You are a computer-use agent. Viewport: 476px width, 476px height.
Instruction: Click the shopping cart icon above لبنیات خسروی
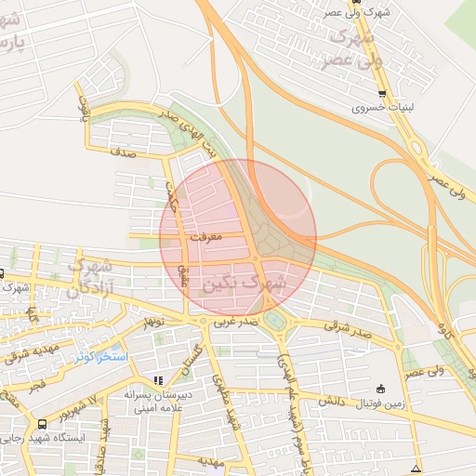[x=382, y=94]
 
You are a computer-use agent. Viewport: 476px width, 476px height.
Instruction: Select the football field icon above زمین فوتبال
[x=379, y=389]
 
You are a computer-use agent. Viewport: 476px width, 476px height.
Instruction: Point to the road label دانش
[x=333, y=401]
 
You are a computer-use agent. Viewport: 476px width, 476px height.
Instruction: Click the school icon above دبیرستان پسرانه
[x=158, y=380]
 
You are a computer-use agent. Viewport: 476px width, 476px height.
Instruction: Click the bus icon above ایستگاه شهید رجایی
[x=41, y=423]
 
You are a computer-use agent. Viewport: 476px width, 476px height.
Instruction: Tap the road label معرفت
[x=206, y=238]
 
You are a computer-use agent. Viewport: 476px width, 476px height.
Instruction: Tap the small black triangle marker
[x=415, y=467]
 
